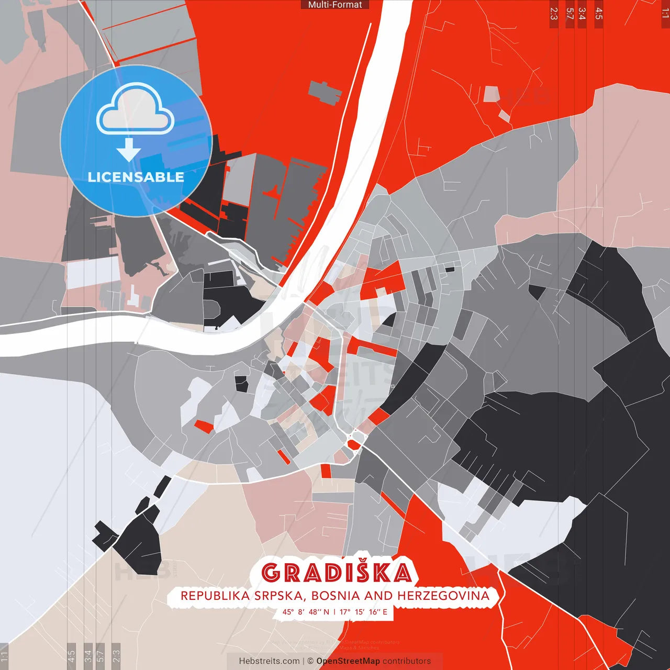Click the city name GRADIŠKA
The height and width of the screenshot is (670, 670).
click(x=336, y=573)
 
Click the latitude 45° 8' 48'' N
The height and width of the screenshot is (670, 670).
click(x=306, y=611)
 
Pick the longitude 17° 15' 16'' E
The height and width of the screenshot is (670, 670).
click(x=364, y=611)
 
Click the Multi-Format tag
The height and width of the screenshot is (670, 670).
click(x=335, y=5)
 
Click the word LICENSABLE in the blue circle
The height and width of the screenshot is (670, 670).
click(x=136, y=177)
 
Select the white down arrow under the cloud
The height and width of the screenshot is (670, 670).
click(x=129, y=150)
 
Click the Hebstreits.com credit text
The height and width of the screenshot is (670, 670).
click(x=269, y=661)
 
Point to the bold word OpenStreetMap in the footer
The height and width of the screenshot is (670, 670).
click(x=348, y=661)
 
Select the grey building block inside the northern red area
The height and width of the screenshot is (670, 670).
click(x=325, y=93)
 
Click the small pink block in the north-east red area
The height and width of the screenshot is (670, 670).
click(x=492, y=94)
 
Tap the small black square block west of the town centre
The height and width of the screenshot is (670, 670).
click(x=241, y=384)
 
